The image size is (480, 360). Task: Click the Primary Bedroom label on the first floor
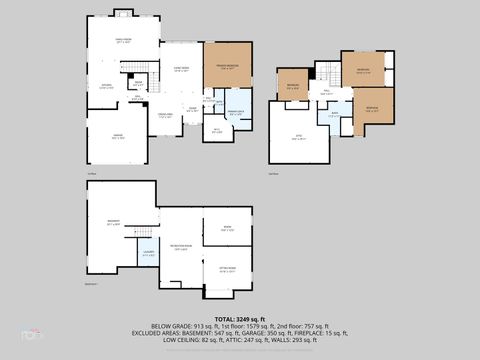(227, 67)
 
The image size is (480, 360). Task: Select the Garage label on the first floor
(119, 136)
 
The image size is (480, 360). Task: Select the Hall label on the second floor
(326, 92)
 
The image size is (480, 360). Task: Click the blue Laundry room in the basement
(148, 254)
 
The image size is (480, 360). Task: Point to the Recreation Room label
(181, 246)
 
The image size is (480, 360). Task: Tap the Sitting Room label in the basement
(226, 270)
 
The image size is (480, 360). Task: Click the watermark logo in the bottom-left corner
(31, 333)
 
